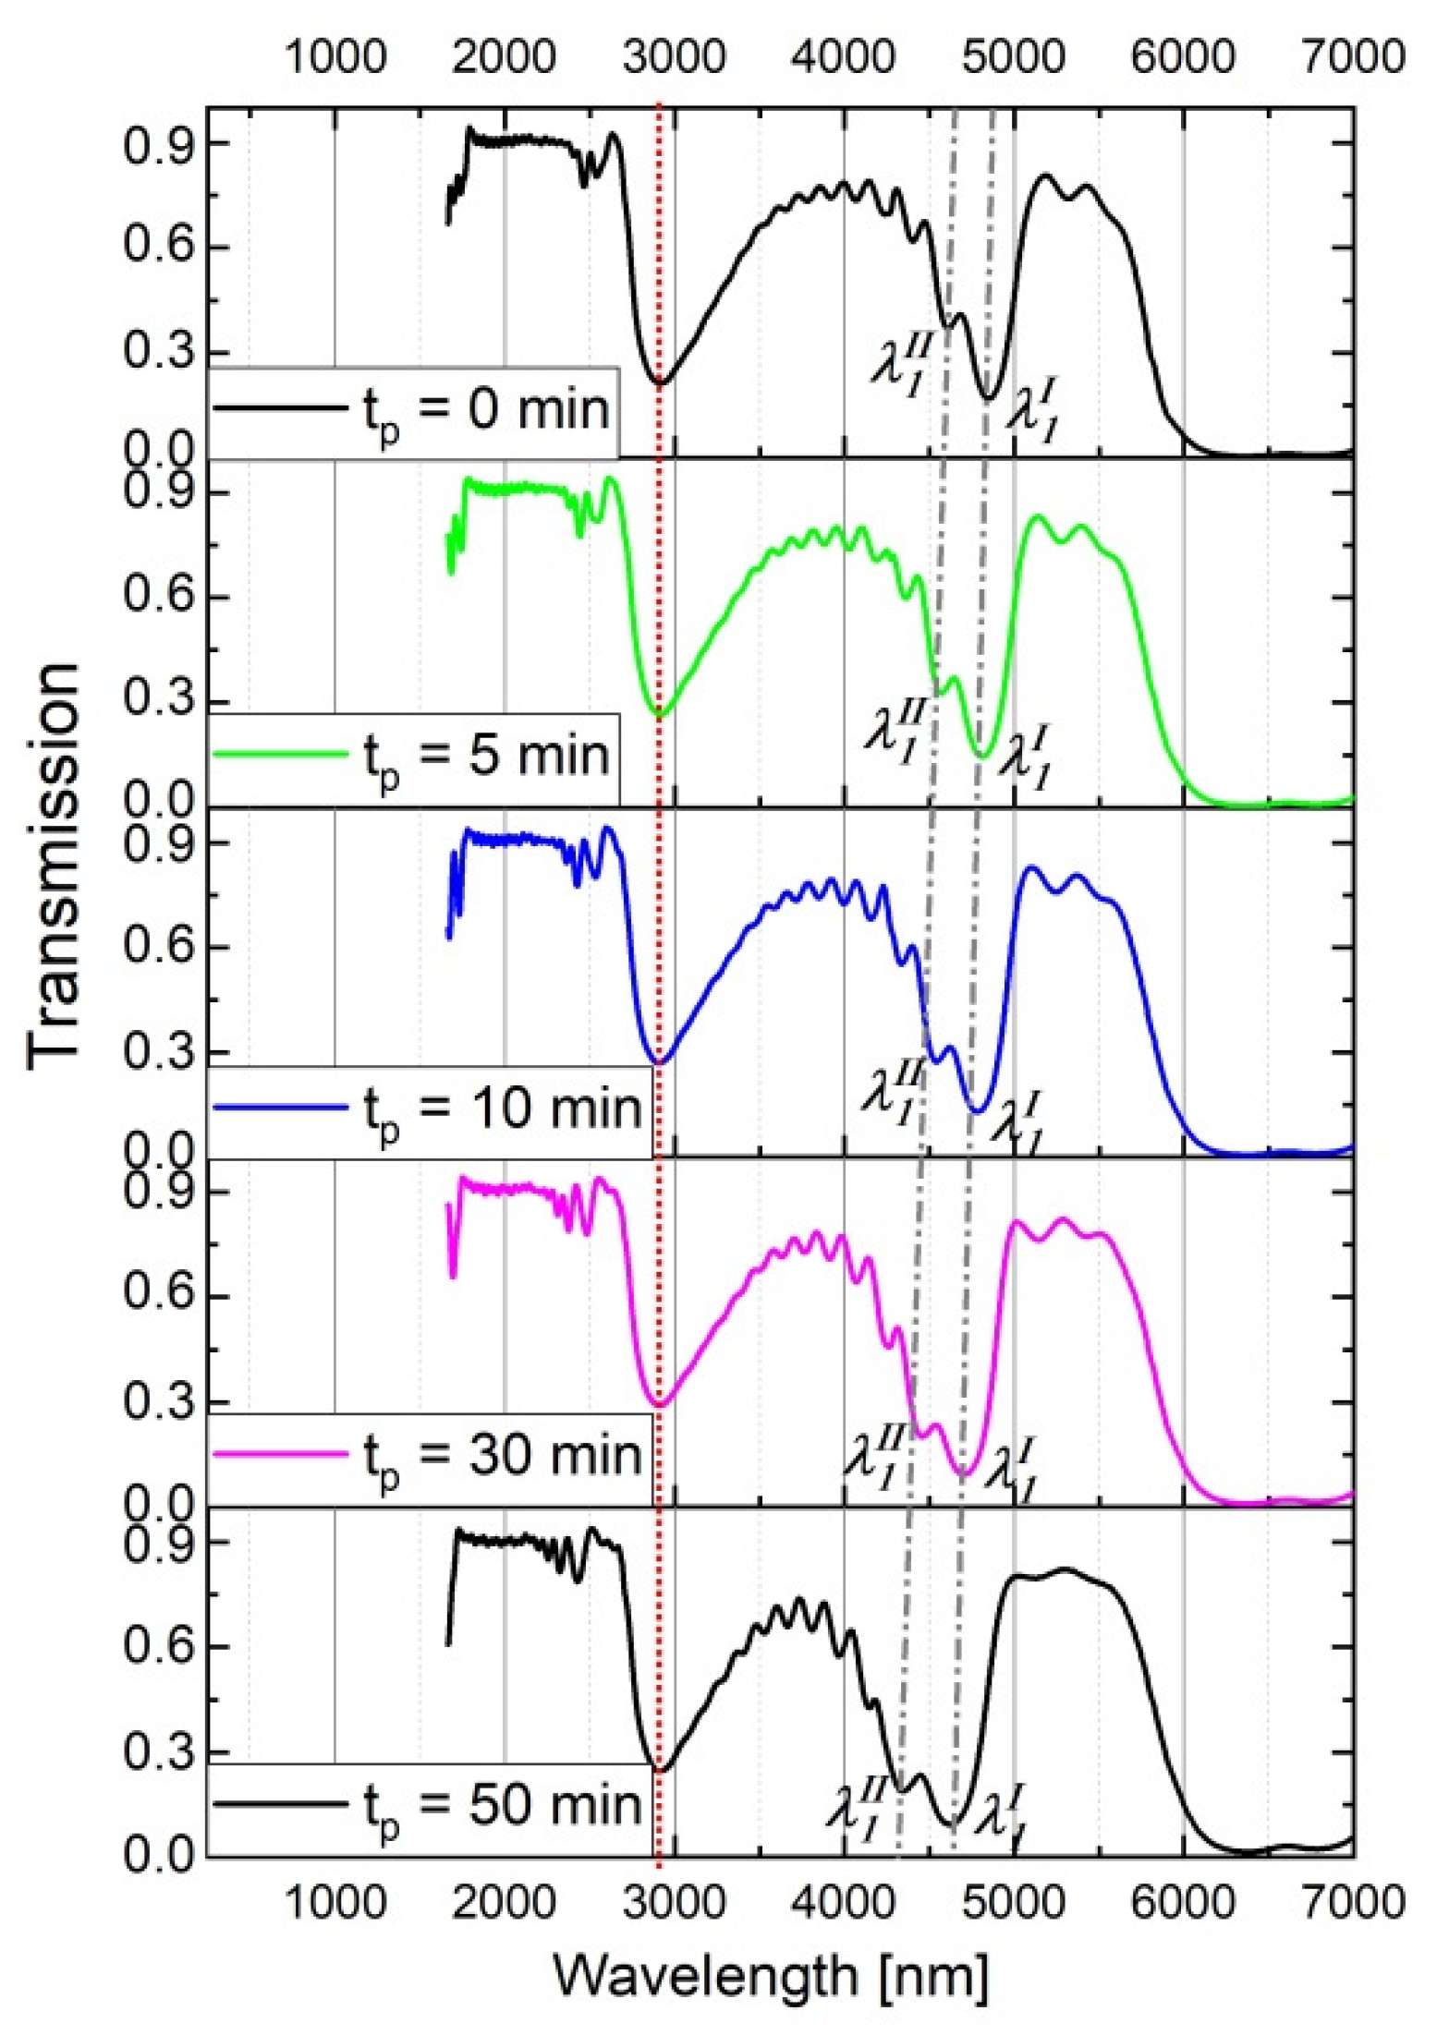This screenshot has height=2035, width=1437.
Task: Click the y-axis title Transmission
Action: click(54, 866)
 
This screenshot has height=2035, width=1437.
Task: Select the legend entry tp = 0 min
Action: click(412, 410)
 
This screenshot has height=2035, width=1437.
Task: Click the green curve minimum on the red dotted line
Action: click(658, 714)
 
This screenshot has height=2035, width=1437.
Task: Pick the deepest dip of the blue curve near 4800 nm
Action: click(977, 1109)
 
